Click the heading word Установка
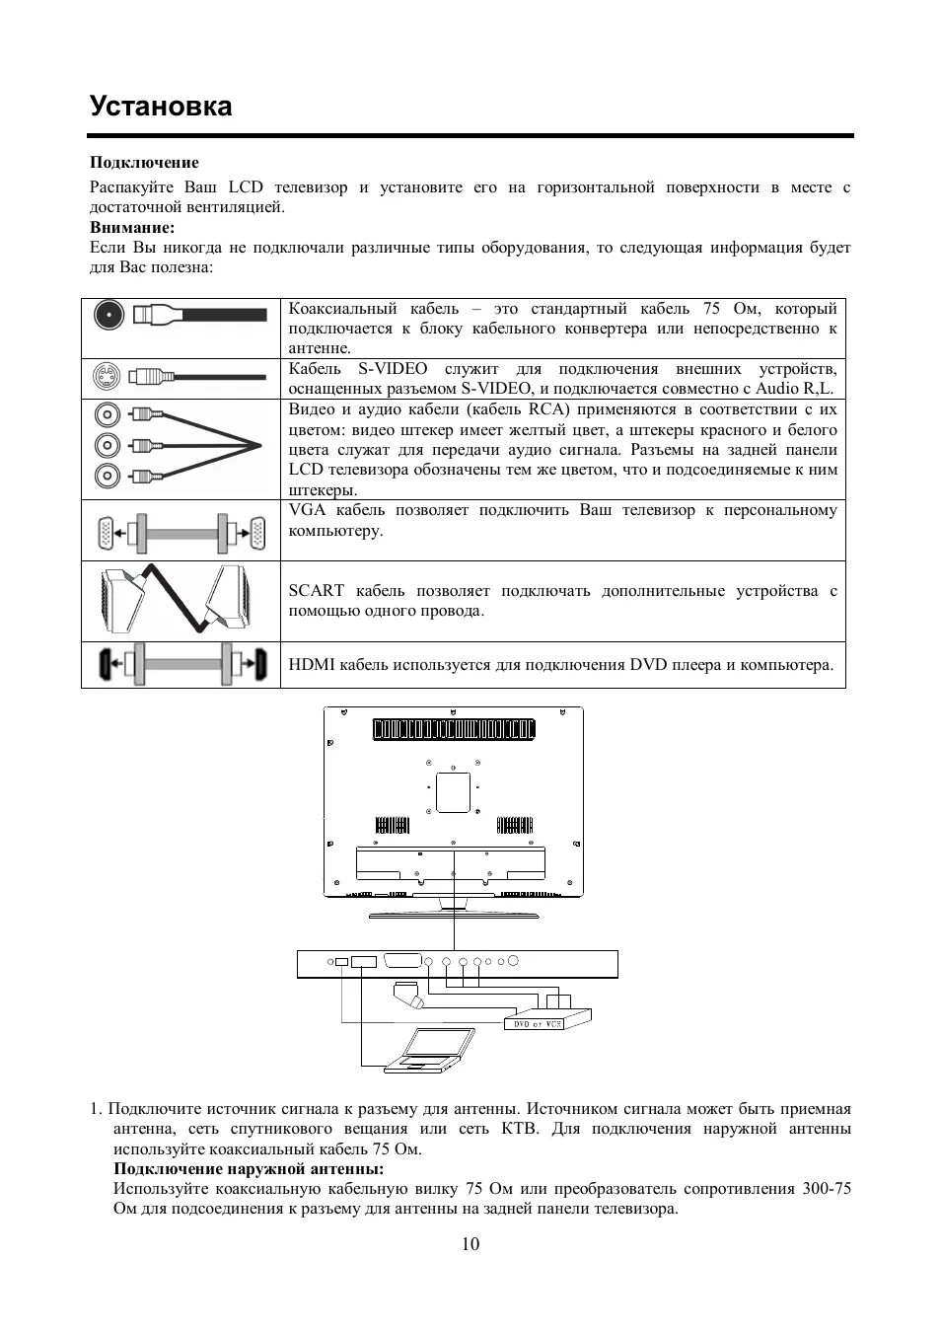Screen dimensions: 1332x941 [x=161, y=107]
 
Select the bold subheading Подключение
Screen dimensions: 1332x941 [x=144, y=163]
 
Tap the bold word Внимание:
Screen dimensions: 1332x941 [x=132, y=227]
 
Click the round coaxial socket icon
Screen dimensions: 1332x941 [x=108, y=315]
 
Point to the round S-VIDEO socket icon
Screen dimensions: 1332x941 [x=106, y=376]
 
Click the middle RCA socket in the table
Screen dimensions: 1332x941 [x=107, y=445]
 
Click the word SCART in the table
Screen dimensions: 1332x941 [x=316, y=591]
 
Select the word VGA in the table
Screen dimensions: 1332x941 [x=307, y=510]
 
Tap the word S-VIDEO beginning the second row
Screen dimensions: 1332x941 [x=392, y=369]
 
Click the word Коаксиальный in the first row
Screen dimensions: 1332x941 [x=342, y=309]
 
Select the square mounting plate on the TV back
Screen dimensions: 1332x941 [x=453, y=791]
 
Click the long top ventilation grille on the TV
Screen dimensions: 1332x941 [x=454, y=729]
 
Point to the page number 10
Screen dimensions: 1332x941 [x=470, y=1244]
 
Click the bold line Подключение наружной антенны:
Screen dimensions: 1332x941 [x=249, y=1169]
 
